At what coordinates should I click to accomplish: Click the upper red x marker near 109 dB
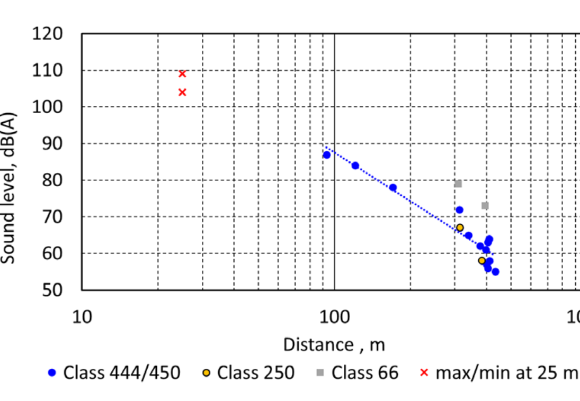pyautogui.click(x=182, y=74)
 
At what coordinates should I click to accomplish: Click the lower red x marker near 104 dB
pyautogui.click(x=182, y=92)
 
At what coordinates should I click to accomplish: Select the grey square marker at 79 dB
pyautogui.click(x=458, y=184)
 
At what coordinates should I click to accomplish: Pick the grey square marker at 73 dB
pyautogui.click(x=485, y=205)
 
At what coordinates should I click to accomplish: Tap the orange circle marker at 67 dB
pyautogui.click(x=460, y=227)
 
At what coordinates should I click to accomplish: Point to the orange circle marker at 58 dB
pyautogui.click(x=481, y=260)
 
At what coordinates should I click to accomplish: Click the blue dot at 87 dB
pyautogui.click(x=327, y=155)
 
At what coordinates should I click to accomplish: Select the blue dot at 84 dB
pyautogui.click(x=355, y=166)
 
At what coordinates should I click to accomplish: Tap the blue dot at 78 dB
pyautogui.click(x=392, y=187)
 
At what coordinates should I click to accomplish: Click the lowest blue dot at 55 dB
pyautogui.click(x=495, y=271)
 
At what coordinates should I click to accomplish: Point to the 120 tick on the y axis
pyautogui.click(x=48, y=34)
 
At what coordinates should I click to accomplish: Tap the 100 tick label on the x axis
pyautogui.click(x=334, y=316)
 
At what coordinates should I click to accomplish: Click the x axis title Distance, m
pyautogui.click(x=334, y=345)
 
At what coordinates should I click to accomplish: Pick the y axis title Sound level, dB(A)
pyautogui.click(x=8, y=188)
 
